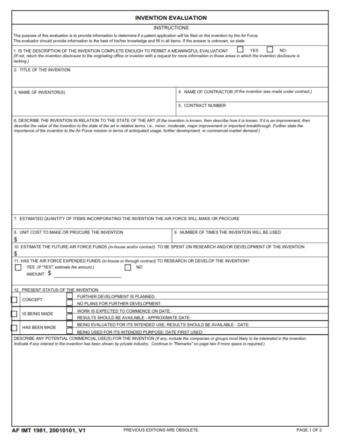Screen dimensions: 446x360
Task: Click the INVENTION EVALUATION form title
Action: (x=171, y=18)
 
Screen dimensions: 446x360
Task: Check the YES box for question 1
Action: (x=240, y=49)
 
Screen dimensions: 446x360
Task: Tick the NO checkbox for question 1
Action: (x=270, y=49)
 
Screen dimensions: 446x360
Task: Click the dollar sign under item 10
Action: (x=15, y=254)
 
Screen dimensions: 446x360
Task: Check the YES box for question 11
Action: (x=18, y=268)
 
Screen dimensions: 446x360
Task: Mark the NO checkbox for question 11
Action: (x=128, y=268)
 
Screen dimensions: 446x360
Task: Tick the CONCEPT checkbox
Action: (x=14, y=300)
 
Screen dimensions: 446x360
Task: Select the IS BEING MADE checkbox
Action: (x=14, y=314)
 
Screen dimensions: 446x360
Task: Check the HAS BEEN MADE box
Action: (x=14, y=328)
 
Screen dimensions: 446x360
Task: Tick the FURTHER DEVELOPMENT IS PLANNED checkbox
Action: (x=69, y=296)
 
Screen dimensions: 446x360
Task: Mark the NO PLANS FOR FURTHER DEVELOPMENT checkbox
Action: (x=69, y=303)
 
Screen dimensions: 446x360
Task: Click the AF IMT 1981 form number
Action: (x=49, y=430)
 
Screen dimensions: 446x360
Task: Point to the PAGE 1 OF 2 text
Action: (x=309, y=430)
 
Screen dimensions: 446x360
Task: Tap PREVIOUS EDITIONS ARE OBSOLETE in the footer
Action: (x=161, y=430)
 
